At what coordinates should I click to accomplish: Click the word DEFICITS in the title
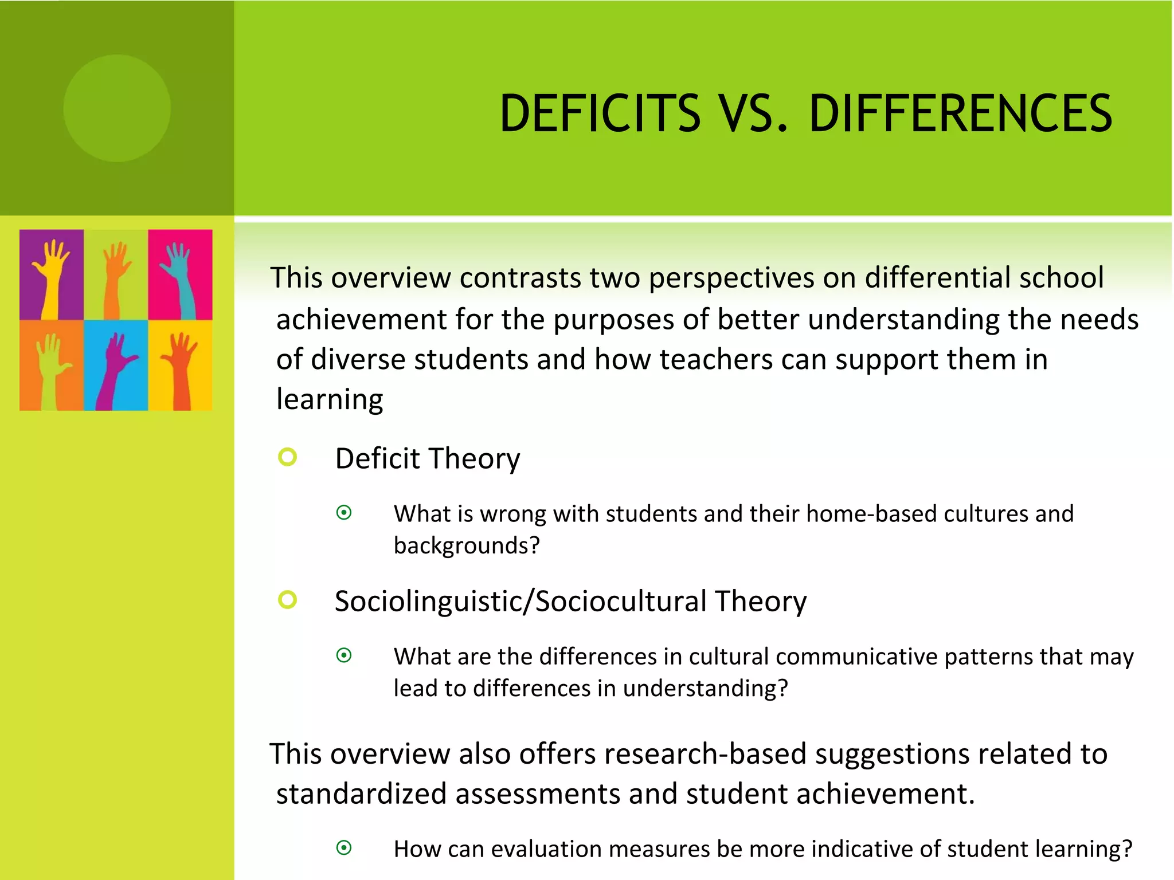pos(600,113)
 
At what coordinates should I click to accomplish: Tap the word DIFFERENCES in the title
pos(960,113)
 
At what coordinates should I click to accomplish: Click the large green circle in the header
pos(117,108)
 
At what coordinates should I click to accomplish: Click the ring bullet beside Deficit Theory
pos(287,457)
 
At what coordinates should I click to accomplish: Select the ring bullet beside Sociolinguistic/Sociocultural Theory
pos(287,600)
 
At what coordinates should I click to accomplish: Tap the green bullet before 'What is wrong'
pos(344,512)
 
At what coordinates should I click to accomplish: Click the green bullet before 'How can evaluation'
pos(344,847)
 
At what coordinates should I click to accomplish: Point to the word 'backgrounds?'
pos(467,545)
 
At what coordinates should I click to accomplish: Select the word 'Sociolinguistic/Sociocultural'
pos(520,602)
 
